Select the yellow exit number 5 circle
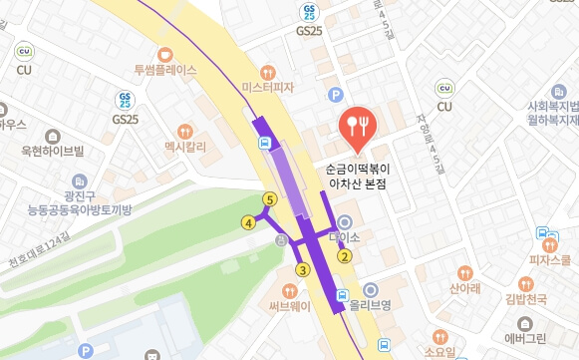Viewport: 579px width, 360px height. click(x=268, y=199)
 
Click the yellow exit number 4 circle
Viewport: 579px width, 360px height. click(x=248, y=222)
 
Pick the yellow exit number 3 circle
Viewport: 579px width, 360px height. click(x=302, y=269)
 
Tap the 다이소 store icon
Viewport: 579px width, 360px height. click(x=345, y=222)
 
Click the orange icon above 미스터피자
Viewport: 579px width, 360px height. click(x=267, y=72)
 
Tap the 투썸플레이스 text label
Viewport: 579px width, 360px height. click(x=165, y=71)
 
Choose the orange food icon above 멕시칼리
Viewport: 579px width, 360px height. click(x=184, y=132)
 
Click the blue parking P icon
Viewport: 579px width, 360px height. click(x=336, y=94)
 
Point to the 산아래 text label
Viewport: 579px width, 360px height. click(x=465, y=288)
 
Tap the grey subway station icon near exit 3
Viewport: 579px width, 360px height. click(x=282, y=240)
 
